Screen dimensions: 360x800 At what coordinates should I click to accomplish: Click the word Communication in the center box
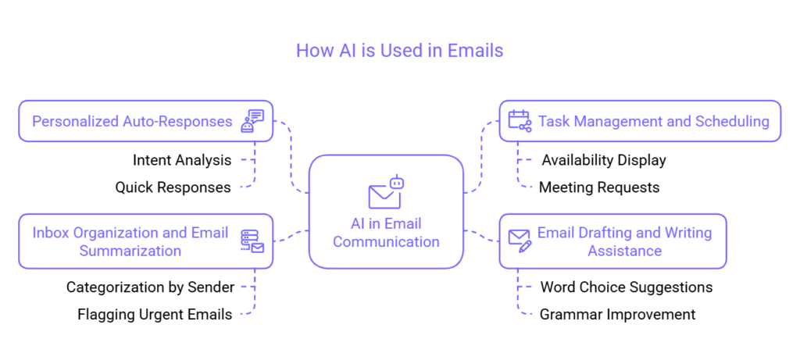pos(386,242)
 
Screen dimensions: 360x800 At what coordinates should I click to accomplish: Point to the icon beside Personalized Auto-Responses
pos(252,121)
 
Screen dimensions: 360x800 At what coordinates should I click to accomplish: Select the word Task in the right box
pos(553,122)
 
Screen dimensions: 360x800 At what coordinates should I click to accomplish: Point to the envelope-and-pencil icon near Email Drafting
pos(520,240)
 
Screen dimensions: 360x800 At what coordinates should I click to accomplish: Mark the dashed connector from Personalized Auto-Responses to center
pos(291,156)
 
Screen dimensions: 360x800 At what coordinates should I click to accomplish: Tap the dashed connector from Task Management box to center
pos(483,156)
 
